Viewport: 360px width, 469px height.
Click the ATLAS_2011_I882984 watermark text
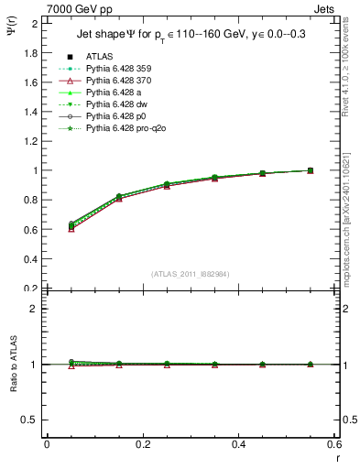190,274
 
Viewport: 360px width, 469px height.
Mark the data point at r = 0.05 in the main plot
70,226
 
